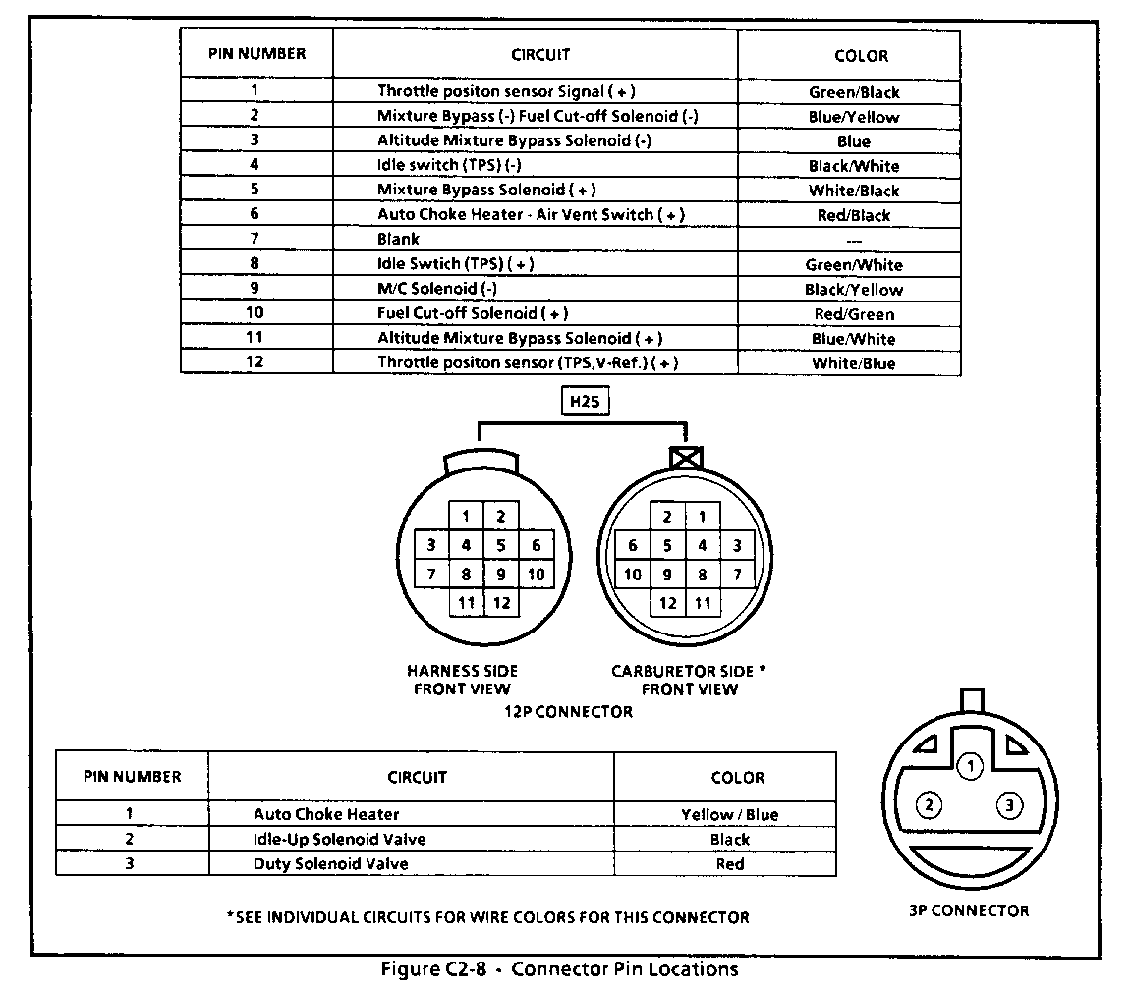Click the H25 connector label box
(x=583, y=401)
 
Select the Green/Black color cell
(x=853, y=92)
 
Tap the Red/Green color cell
(x=853, y=314)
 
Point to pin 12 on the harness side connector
(x=501, y=602)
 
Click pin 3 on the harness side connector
(x=430, y=545)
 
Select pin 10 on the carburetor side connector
(x=633, y=574)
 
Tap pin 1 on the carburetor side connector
(x=702, y=517)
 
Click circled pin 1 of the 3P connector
(x=970, y=766)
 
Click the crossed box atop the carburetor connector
(x=685, y=456)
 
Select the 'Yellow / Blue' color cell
(x=729, y=814)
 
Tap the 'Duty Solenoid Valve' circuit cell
(x=330, y=864)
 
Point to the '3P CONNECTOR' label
(x=969, y=910)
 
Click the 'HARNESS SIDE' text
(x=462, y=671)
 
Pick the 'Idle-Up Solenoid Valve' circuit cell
(x=339, y=839)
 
